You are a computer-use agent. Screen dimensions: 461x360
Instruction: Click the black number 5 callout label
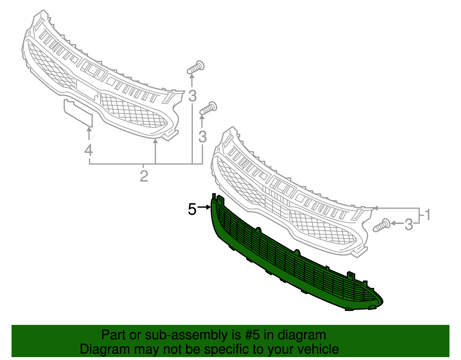pos(192,209)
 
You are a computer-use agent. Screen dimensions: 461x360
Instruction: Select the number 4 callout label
pos(89,150)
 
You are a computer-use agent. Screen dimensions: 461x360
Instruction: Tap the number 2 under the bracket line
pos(144,176)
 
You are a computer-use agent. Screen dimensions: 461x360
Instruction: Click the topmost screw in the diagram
pos(196,67)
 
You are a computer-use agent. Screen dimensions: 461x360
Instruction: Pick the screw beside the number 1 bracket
pos(381,225)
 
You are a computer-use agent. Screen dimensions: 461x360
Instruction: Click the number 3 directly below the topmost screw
pos(192,96)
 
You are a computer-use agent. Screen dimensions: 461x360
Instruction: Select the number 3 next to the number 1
pos(409,225)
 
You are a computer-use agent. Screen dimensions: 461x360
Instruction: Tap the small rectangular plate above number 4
pos(78,112)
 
